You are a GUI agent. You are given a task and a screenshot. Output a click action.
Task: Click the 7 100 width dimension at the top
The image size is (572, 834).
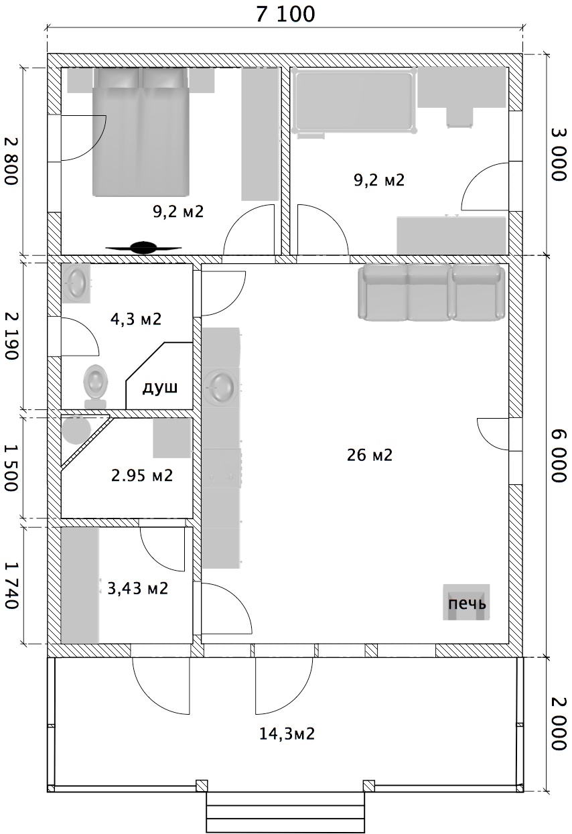(285, 14)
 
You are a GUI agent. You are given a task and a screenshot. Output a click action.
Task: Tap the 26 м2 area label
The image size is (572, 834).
(370, 455)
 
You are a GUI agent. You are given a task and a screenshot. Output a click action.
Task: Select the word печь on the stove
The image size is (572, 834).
(467, 604)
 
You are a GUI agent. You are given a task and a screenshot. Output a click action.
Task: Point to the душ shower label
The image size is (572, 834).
(160, 389)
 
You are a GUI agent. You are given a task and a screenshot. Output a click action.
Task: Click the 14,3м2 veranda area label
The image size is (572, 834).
(287, 734)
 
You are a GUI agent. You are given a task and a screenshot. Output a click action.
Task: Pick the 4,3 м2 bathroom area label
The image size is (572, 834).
(136, 319)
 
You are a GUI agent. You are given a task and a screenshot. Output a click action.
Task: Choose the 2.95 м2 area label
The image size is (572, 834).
(142, 476)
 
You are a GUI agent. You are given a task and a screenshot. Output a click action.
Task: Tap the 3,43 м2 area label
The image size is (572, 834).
(138, 589)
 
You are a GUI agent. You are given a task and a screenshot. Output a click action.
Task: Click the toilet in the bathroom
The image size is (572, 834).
(96, 387)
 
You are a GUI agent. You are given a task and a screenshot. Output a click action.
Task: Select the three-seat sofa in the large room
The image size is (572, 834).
(431, 292)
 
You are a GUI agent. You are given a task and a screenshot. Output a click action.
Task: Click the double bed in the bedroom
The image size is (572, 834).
(141, 132)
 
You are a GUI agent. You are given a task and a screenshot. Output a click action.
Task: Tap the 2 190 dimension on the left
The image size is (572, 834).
(11, 336)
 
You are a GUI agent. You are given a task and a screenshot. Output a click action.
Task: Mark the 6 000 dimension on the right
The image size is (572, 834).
(559, 456)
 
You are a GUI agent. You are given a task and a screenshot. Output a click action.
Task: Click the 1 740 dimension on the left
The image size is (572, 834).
(11, 585)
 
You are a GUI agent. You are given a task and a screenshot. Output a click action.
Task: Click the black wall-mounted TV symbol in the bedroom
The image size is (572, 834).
(143, 247)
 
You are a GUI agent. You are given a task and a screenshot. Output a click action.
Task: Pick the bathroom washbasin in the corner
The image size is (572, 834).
(76, 283)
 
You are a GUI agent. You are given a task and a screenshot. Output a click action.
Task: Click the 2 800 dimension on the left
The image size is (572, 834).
(11, 160)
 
